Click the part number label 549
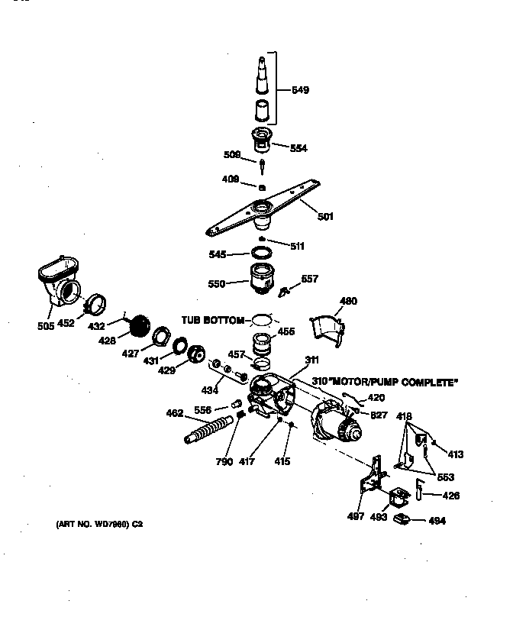point(301,90)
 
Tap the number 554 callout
point(298,148)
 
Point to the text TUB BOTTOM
point(213,320)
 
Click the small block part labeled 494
point(402,520)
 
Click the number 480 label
point(347,301)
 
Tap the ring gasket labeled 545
point(260,254)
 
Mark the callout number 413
point(455,454)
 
